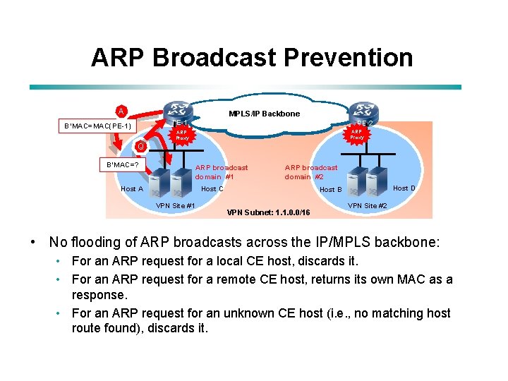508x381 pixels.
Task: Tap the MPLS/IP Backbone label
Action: pos(265,114)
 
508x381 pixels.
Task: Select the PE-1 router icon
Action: pos(181,111)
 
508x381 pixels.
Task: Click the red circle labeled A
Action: pos(121,111)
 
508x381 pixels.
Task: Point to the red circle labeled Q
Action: pos(141,146)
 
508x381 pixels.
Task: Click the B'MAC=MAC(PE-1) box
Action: pos(96,126)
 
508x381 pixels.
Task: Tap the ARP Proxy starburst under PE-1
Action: pos(182,135)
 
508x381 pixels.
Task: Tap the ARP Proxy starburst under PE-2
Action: pos(357,134)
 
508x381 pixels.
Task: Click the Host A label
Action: pos(132,188)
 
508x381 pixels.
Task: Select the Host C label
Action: pos(212,188)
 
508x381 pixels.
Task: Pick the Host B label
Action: pos(331,189)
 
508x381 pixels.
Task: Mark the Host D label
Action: pos(404,188)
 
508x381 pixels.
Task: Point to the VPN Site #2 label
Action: pos(368,205)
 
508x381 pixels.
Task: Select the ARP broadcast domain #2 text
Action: pos(310,172)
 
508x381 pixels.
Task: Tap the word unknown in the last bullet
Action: pos(236,313)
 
